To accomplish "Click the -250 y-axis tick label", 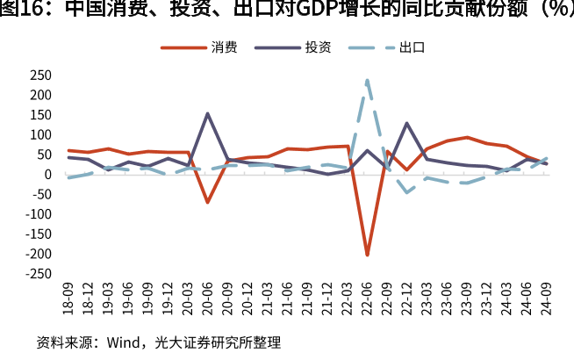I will pyautogui.click(x=39, y=273).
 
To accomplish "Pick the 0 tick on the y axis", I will pyautogui.click(x=48, y=174).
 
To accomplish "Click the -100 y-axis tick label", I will pyautogui.click(x=39, y=213).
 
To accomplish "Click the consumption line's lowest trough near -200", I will pyautogui.click(x=367, y=255).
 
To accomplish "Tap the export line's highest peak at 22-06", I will pyautogui.click(x=367, y=80).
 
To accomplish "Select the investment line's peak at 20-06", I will pyautogui.click(x=208, y=113).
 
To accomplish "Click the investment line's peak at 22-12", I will pyautogui.click(x=407, y=123).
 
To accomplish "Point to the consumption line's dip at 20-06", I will pyautogui.click(x=208, y=202).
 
